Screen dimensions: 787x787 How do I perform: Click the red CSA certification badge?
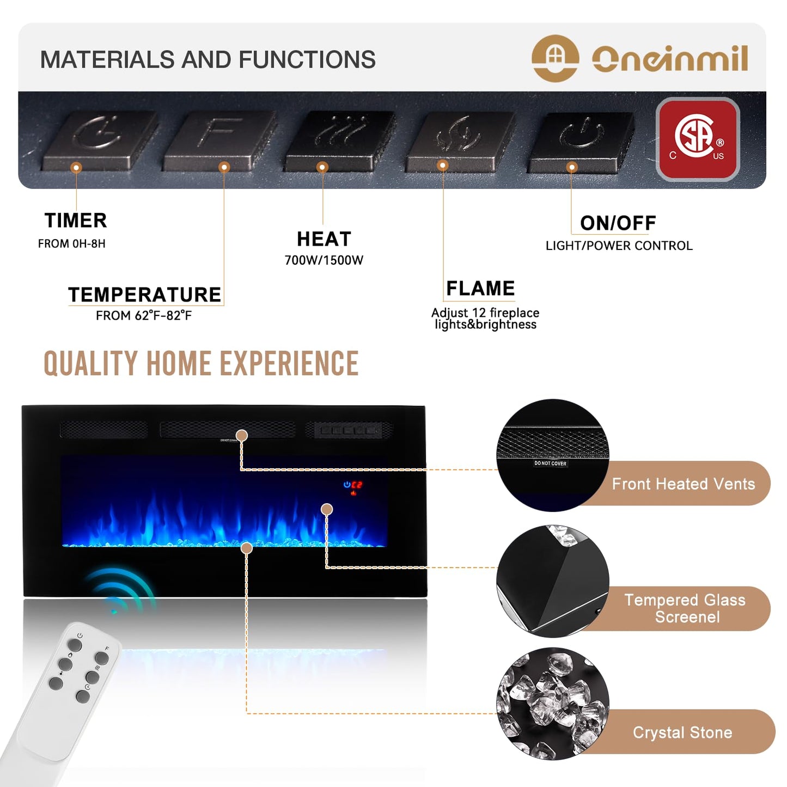click(698, 139)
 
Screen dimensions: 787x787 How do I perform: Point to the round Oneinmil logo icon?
click(555, 58)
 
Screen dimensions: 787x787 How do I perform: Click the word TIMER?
click(76, 221)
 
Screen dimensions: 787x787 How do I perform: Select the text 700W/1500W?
click(324, 260)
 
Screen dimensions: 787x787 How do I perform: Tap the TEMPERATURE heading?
click(144, 295)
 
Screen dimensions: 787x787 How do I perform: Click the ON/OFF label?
click(618, 223)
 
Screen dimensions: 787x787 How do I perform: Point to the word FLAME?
click(480, 288)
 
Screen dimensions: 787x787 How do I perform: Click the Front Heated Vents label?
click(683, 484)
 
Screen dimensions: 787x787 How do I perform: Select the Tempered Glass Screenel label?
click(685, 608)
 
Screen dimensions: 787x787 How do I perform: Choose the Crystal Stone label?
click(682, 733)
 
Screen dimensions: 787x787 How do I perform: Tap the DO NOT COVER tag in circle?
click(550, 463)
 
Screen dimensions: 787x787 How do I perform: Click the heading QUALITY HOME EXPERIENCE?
click(201, 364)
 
